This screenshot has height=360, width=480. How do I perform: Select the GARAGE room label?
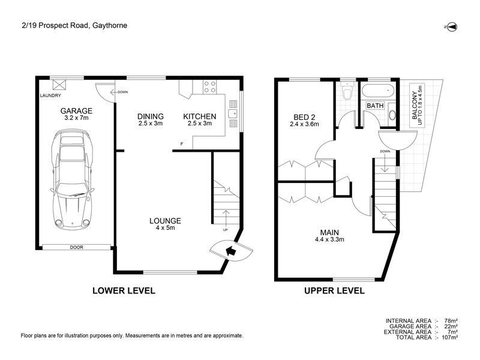[x=76, y=111]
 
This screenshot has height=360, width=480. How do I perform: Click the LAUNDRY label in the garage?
[x=50, y=96]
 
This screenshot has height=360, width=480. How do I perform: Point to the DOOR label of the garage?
[x=76, y=247]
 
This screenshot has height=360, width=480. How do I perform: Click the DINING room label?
[x=150, y=116]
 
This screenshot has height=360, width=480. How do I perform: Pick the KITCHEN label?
[x=200, y=116]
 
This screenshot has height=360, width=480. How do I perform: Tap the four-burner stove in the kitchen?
[x=209, y=87]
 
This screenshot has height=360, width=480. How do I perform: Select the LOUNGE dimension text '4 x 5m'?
[x=165, y=228]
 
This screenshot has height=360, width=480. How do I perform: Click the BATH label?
[x=375, y=106]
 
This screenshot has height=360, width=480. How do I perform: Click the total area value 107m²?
[x=450, y=337]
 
